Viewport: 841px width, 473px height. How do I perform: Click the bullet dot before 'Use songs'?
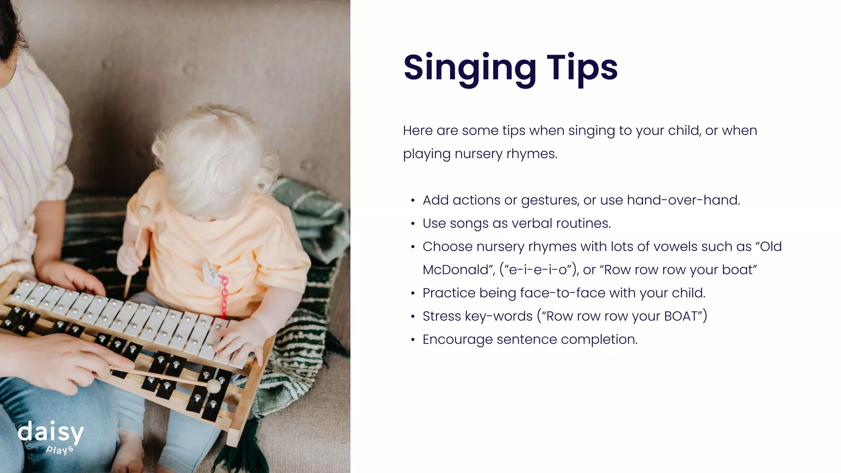point(413,224)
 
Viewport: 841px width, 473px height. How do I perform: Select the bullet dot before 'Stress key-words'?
point(413,317)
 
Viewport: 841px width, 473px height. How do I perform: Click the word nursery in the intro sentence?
point(478,154)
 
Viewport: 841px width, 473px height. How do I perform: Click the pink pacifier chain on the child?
point(224,296)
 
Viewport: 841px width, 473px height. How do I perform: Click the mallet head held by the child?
point(144,211)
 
